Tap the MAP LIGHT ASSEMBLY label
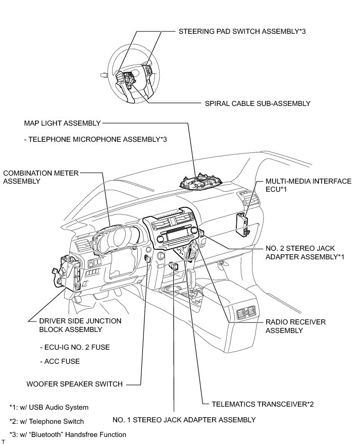click(x=63, y=123)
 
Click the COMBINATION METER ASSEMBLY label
click(x=40, y=177)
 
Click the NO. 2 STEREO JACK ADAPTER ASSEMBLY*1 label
click(x=305, y=252)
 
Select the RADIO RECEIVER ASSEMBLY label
click(x=295, y=326)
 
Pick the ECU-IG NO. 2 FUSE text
click(x=74, y=347)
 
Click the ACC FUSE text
click(x=60, y=361)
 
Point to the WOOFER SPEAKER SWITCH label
click(x=74, y=384)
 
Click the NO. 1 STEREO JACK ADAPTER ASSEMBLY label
click(x=184, y=419)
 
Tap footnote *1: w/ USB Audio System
click(x=48, y=407)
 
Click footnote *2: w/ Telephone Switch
click(x=46, y=421)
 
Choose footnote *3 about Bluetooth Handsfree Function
click(x=68, y=434)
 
